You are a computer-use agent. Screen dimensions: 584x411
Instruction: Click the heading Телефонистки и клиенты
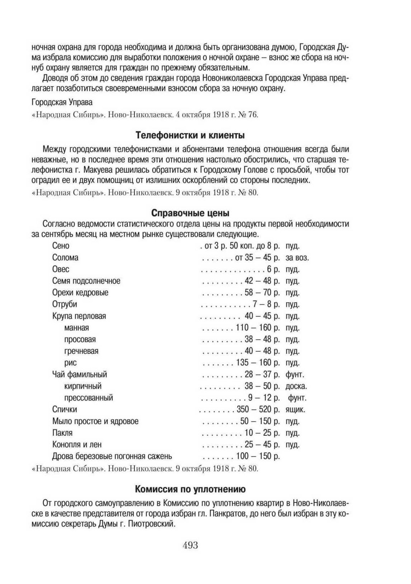(x=190, y=136)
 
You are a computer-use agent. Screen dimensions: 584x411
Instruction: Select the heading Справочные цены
(x=190, y=213)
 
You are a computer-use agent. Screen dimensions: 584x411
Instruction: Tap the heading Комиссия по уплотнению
(x=190, y=489)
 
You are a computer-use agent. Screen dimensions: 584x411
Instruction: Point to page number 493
(x=190, y=546)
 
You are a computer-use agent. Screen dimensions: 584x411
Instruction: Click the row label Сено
(x=61, y=246)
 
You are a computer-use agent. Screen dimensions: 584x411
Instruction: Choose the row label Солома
(x=65, y=258)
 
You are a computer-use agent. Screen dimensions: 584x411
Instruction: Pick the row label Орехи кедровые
(x=80, y=293)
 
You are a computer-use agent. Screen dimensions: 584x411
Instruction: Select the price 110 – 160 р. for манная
(x=258, y=328)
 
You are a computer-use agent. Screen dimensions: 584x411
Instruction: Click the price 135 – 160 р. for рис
(x=258, y=363)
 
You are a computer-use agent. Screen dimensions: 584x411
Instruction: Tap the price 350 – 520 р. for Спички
(x=258, y=410)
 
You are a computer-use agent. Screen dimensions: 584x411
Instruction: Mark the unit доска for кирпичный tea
(x=296, y=386)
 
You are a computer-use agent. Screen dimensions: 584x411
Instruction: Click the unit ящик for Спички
(x=295, y=410)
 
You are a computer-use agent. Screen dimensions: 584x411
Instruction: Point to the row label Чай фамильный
(x=80, y=374)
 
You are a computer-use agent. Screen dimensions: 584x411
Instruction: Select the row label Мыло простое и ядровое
(x=95, y=421)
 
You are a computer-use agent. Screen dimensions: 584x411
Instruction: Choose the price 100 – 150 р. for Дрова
(x=258, y=456)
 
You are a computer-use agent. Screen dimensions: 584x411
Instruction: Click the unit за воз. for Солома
(x=297, y=258)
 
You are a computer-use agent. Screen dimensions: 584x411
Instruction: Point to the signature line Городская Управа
(x=62, y=102)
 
